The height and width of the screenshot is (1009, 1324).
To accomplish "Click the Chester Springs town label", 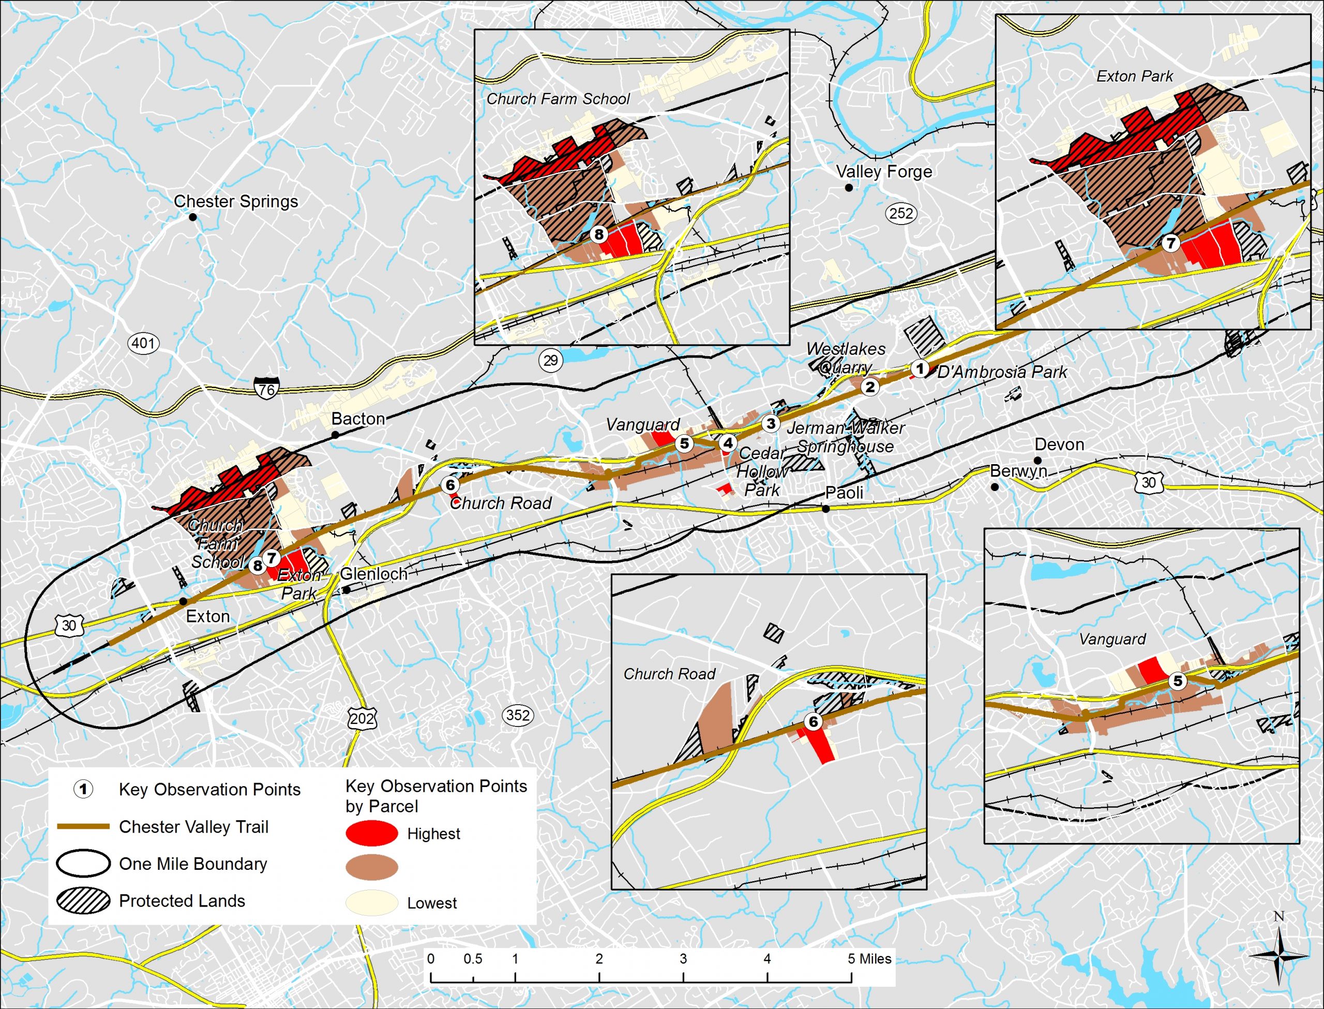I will tap(236, 201).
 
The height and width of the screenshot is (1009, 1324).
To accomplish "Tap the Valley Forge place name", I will tap(884, 172).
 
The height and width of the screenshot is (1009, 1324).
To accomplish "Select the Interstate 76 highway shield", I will tap(266, 388).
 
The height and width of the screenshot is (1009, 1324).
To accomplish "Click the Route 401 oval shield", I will tap(143, 344).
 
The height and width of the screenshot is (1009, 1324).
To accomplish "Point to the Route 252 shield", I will tap(901, 213).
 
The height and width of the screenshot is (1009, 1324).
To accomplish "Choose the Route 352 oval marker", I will tap(517, 715).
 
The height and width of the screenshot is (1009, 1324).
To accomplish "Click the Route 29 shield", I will tap(550, 360).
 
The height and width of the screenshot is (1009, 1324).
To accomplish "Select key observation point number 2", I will tap(870, 387).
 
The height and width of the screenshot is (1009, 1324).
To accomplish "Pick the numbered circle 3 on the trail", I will tap(771, 424).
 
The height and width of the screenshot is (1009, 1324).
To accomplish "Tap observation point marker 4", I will tap(728, 443).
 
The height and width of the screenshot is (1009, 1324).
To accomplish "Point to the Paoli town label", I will tap(844, 493).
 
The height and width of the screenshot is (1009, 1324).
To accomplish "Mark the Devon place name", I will tap(1059, 444).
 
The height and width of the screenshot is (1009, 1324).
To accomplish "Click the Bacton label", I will tap(358, 419).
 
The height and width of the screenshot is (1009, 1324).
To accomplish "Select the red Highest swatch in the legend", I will tap(371, 833).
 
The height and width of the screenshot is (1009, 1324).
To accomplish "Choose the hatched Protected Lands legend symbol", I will tap(83, 900).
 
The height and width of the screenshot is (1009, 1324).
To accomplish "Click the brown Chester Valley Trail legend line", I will tap(83, 826).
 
